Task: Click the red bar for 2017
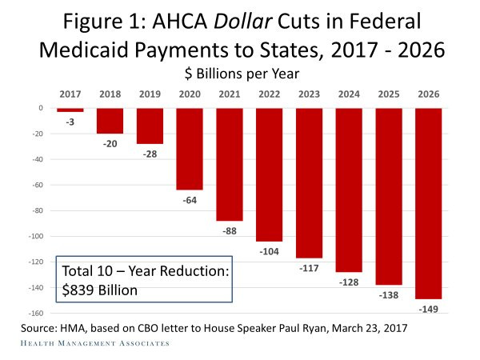point(70,110)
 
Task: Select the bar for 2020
point(190,149)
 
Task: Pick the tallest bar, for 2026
point(429,203)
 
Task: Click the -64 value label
point(190,199)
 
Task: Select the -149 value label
point(429,309)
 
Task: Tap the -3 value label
point(70,122)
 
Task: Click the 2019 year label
point(150,94)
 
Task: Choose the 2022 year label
point(270,94)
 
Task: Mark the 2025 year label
point(389,94)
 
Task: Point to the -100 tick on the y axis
point(35,236)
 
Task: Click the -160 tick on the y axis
point(35,313)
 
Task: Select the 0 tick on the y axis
point(40,108)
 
